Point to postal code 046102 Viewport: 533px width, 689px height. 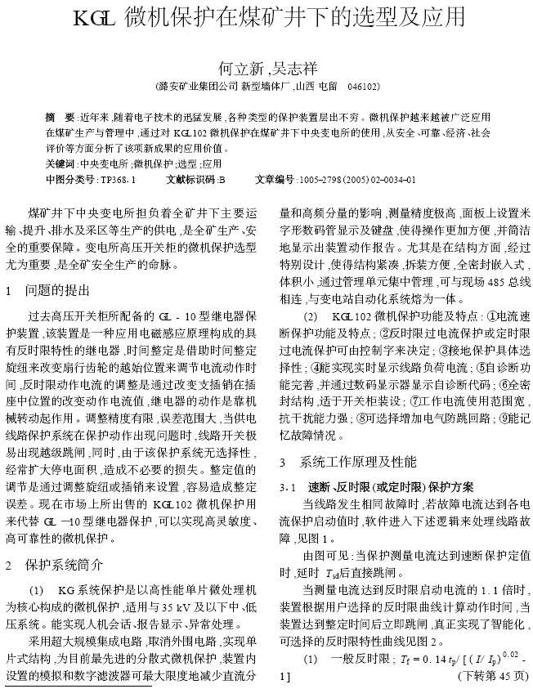pyautogui.click(x=363, y=86)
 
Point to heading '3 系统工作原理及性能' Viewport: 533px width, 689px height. pyautogui.click(x=348, y=462)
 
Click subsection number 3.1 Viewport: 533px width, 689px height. pyautogui.click(x=288, y=486)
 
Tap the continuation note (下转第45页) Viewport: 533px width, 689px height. pyautogui.click(x=493, y=677)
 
